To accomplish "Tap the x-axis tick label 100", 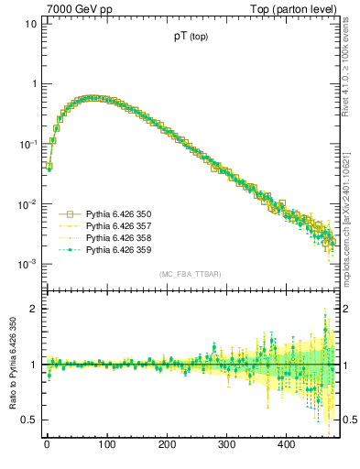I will coord(106,445).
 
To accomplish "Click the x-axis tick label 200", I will coord(166,445).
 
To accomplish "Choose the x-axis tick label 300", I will coord(226,445).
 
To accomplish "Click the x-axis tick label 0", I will coord(47,445).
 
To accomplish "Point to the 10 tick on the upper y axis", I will coord(30,24).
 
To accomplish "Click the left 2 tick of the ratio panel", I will coord(33,309).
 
